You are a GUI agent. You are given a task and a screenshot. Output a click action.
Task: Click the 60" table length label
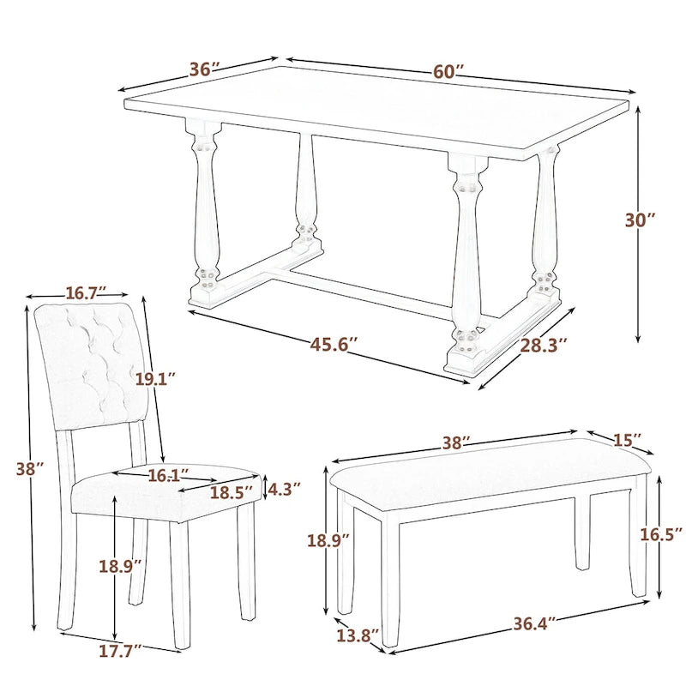(x=448, y=71)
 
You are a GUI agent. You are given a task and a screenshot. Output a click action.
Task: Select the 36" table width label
(x=205, y=69)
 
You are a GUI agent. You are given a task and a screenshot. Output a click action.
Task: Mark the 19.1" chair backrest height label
(x=155, y=377)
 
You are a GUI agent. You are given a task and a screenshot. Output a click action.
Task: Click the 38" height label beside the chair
(x=28, y=468)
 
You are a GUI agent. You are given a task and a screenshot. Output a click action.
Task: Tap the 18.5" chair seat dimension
(x=232, y=492)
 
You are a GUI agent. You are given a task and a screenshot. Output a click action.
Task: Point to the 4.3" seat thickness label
(x=284, y=490)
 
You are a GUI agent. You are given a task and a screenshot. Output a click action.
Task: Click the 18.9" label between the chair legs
(x=119, y=566)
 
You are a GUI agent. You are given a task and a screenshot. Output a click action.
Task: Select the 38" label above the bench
(x=455, y=443)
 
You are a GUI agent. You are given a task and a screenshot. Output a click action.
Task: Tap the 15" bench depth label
(x=628, y=440)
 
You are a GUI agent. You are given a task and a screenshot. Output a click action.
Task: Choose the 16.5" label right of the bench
(x=663, y=533)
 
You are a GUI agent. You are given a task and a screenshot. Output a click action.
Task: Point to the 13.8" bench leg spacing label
(x=357, y=636)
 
